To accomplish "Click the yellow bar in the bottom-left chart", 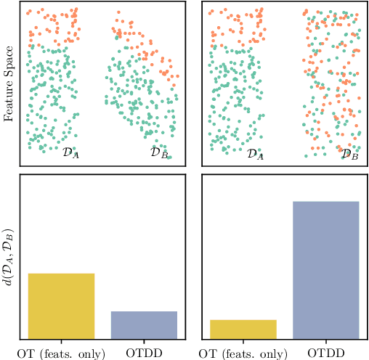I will pos(61,306).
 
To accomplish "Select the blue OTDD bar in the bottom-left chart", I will pos(144,324).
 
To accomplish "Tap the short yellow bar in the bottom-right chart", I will pos(243,329).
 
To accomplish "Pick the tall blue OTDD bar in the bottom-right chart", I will pos(325,269).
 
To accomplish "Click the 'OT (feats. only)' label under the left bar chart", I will pos(61,353).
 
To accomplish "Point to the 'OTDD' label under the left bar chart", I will pos(144,353).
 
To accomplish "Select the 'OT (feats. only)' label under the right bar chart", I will pos(243,353).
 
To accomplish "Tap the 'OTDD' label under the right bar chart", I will pos(325,353).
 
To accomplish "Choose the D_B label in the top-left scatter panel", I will pos(159,153).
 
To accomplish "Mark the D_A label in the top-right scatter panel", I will pos(254,153).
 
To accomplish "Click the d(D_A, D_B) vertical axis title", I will pos(9,257).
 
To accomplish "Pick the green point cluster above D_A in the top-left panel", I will pos(52,94).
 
